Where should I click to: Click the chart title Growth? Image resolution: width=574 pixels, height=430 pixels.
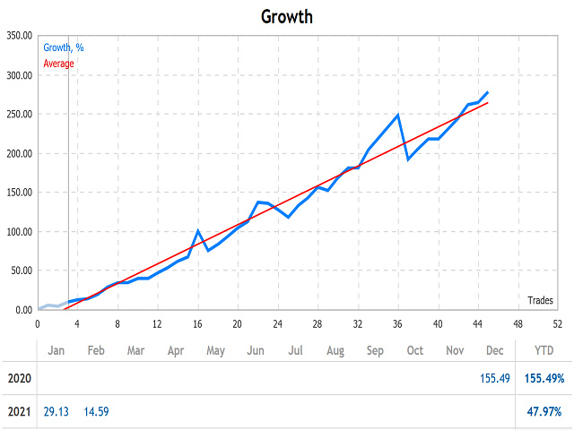tap(287, 16)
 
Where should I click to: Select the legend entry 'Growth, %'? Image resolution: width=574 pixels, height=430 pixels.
tap(64, 47)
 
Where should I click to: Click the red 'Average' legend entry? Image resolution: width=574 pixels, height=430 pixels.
tap(59, 64)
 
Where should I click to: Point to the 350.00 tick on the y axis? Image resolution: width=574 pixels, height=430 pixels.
tap(19, 36)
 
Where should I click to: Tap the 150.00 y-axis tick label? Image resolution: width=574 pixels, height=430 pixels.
tap(19, 193)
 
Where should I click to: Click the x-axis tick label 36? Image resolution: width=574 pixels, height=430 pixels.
tap(397, 324)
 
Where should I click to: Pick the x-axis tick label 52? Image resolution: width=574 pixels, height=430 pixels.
tap(557, 324)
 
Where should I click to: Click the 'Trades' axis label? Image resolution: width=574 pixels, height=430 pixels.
tap(540, 300)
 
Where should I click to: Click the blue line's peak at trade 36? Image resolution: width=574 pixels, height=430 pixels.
tap(397, 115)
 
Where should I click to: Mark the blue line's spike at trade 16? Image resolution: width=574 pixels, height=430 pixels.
tap(198, 231)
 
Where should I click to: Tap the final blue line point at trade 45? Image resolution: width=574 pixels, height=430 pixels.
tap(488, 91)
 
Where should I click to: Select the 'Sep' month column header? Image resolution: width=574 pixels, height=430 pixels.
tap(375, 350)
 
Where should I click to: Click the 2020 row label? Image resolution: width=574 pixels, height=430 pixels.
tap(19, 379)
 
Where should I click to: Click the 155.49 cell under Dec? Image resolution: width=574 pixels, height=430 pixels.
tap(495, 379)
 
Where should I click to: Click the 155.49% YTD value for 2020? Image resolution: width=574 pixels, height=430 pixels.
tap(543, 379)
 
